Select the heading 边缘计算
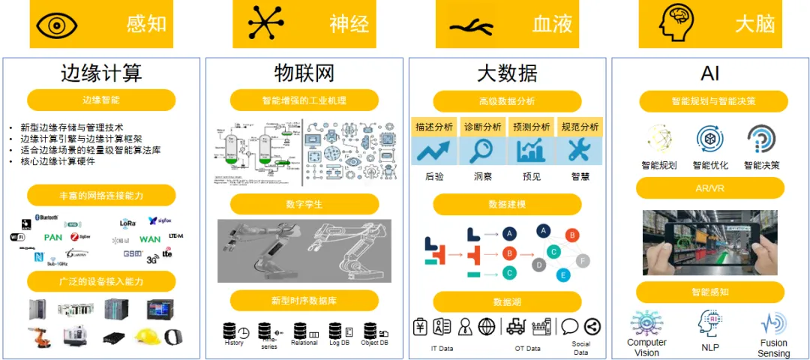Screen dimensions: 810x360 coord(101,73)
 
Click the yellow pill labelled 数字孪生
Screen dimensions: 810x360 coord(304,204)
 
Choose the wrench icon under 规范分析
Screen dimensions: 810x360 coord(579,151)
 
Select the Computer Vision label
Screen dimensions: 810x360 coord(647,347)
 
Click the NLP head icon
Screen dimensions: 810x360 coord(709,323)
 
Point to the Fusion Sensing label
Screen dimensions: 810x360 coord(773,348)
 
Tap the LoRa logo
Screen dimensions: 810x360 coord(127,222)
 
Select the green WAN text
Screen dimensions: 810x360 coord(150,239)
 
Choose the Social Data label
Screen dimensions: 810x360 coord(581,348)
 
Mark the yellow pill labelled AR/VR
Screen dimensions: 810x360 coord(709,188)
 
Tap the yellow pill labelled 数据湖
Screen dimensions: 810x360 coord(507,301)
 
